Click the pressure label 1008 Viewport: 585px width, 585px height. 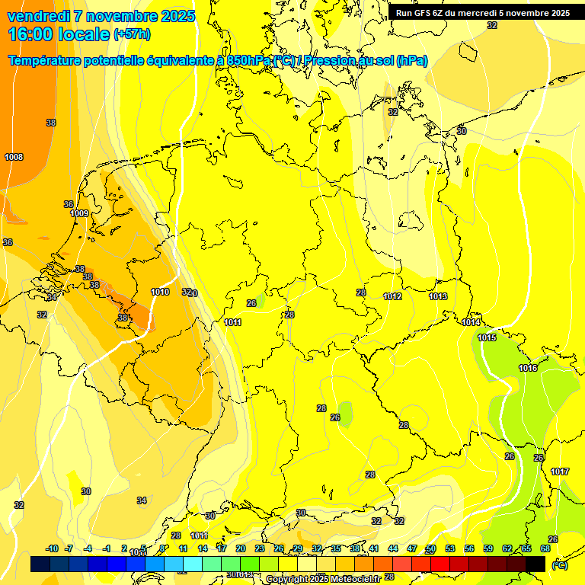coord(14,157)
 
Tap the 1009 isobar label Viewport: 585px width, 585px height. coord(80,213)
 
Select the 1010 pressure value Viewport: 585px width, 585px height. coord(160,292)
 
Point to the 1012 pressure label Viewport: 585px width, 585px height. coord(392,296)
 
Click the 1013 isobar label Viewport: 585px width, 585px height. coord(438,296)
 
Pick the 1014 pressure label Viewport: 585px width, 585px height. coord(471,322)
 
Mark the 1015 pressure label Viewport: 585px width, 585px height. coord(487,337)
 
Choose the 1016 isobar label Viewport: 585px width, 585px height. coord(529,368)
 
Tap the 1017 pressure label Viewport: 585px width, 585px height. coord(560,472)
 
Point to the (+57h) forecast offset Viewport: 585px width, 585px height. coord(132,35)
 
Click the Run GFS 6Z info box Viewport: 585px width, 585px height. coord(482,13)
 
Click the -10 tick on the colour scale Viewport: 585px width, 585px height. coord(52,548)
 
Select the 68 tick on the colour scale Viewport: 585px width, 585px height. coord(545,548)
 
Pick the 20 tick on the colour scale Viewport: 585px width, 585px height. coord(240,548)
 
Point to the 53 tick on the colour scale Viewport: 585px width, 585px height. coord(450,548)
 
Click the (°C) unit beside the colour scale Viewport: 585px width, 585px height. coord(560,564)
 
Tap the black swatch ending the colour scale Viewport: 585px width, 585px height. coord(535,564)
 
